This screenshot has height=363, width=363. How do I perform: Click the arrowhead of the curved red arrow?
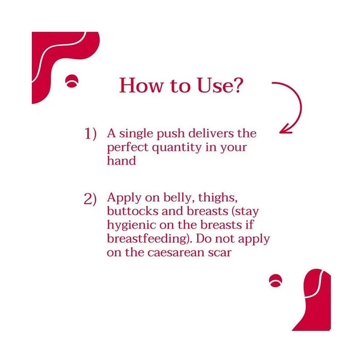click(x=286, y=129)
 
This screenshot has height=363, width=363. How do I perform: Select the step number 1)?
click(x=90, y=134)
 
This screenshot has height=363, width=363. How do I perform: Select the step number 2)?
click(x=90, y=199)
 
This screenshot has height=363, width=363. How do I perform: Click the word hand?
click(x=121, y=160)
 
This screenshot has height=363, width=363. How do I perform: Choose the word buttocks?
click(x=133, y=211)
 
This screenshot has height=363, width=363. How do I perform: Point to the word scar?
click(x=219, y=253)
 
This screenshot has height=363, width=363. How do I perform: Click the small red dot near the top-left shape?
click(x=72, y=81)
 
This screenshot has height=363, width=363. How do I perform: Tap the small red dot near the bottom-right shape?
click(x=275, y=281)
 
